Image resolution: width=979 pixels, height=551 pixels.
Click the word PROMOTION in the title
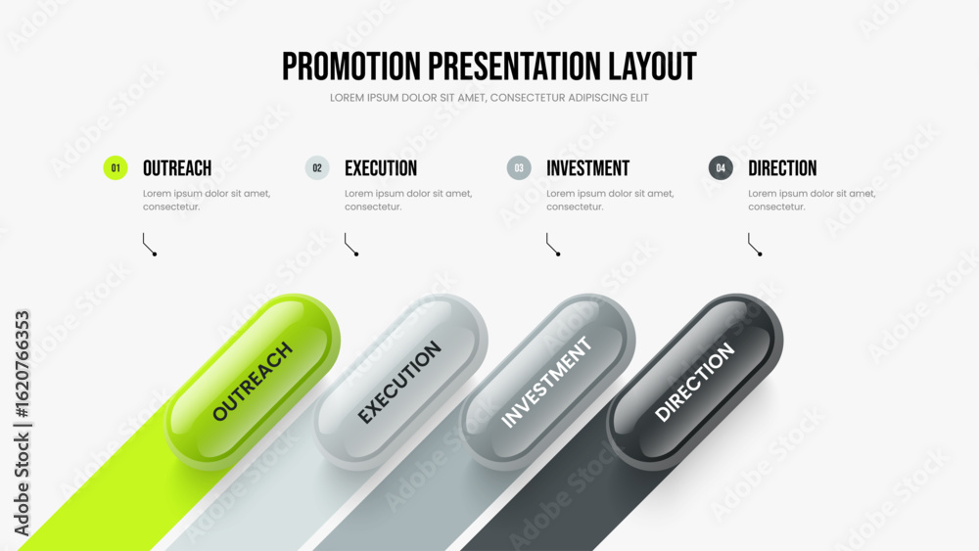(351, 67)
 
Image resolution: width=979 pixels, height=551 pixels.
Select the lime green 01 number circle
(116, 168)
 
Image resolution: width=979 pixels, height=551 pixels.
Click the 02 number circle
(317, 168)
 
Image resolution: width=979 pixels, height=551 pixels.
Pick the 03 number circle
(519, 168)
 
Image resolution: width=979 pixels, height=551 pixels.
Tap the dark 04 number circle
(721, 168)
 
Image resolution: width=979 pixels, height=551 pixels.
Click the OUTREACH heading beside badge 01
(177, 168)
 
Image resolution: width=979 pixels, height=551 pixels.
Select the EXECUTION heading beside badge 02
(381, 168)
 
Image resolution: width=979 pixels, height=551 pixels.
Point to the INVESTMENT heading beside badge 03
(588, 168)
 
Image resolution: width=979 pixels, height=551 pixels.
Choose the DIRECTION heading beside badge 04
(782, 168)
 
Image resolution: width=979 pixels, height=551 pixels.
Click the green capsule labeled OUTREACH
(253, 382)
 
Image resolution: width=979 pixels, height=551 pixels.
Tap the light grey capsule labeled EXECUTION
(400, 382)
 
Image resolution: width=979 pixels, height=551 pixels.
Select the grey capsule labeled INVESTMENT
(547, 382)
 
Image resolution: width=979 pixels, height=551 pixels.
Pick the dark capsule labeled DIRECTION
(695, 382)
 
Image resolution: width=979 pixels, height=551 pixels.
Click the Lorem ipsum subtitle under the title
(489, 98)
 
